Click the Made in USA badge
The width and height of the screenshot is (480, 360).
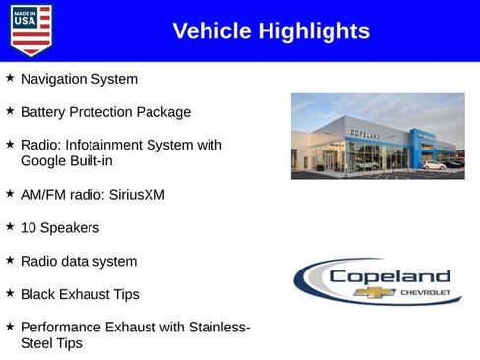(30, 30)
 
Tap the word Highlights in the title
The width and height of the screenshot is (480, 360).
(314, 31)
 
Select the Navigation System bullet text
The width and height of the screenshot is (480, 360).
(79, 79)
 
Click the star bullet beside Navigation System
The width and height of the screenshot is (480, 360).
(10, 78)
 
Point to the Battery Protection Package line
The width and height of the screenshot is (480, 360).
(105, 112)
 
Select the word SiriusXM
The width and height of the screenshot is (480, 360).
(134, 195)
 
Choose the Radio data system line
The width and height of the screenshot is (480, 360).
(79, 262)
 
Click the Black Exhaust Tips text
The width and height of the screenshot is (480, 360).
(80, 295)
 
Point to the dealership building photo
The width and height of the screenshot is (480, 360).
(378, 136)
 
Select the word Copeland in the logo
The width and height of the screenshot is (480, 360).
(390, 277)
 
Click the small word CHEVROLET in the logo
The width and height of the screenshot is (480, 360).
(424, 293)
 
